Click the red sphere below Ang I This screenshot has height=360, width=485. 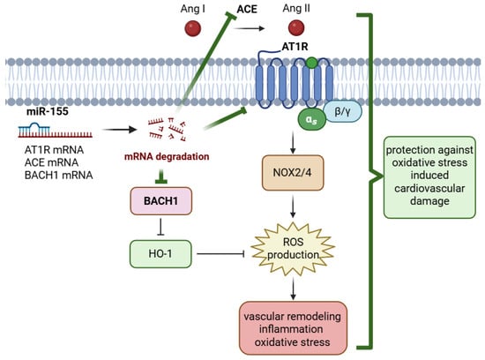pyautogui.click(x=193, y=28)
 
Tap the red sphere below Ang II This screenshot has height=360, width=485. pyautogui.click(x=296, y=28)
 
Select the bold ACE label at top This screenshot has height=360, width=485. pyautogui.click(x=247, y=10)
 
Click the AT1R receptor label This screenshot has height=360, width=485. pyautogui.click(x=295, y=47)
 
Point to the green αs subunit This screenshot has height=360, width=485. pyautogui.click(x=312, y=120)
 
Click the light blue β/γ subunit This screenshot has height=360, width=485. pyautogui.click(x=343, y=111)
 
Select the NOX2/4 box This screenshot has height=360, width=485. pyautogui.click(x=293, y=173)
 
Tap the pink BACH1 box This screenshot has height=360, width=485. pyautogui.click(x=160, y=201)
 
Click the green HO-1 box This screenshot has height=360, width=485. pyautogui.click(x=160, y=254)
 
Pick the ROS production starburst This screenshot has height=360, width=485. pyautogui.click(x=293, y=249)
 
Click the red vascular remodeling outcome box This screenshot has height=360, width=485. pyautogui.click(x=293, y=328)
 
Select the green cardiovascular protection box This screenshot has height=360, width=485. pyautogui.click(x=429, y=177)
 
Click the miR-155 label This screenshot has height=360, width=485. pyautogui.click(x=48, y=111)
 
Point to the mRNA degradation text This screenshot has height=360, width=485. pyautogui.click(x=167, y=157)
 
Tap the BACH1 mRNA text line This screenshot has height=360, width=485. pyautogui.click(x=59, y=176)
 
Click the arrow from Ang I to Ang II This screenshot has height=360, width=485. pyautogui.click(x=250, y=28)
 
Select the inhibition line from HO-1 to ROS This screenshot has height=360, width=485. pyautogui.click(x=220, y=254)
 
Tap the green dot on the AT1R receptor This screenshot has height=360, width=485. pyautogui.click(x=312, y=63)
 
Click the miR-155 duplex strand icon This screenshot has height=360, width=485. pyautogui.click(x=55, y=131)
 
